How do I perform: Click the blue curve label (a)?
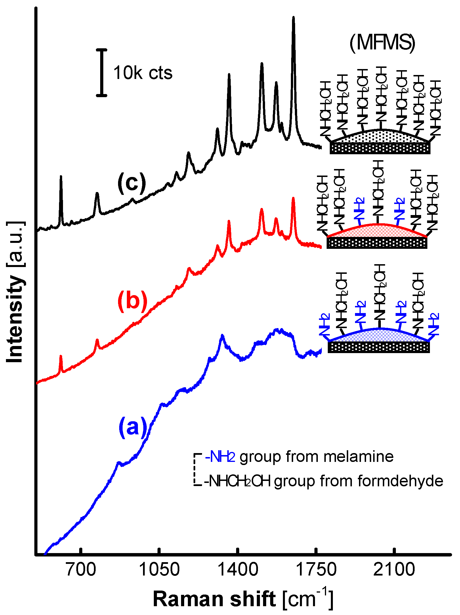pyautogui.click(x=133, y=427)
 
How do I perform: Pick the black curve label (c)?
pyautogui.click(x=132, y=183)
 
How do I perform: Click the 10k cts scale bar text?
pyautogui.click(x=143, y=73)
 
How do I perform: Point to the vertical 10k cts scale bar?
pyautogui.click(x=101, y=73)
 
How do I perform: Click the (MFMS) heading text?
pyautogui.click(x=382, y=43)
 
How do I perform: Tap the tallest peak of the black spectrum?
pyautogui.click(x=293, y=18)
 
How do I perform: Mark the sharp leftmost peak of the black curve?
pyautogui.click(x=61, y=177)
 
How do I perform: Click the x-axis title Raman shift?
pyautogui.click(x=214, y=599)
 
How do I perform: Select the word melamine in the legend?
pyautogui.click(x=358, y=456)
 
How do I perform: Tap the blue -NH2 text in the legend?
pyautogui.click(x=220, y=456)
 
